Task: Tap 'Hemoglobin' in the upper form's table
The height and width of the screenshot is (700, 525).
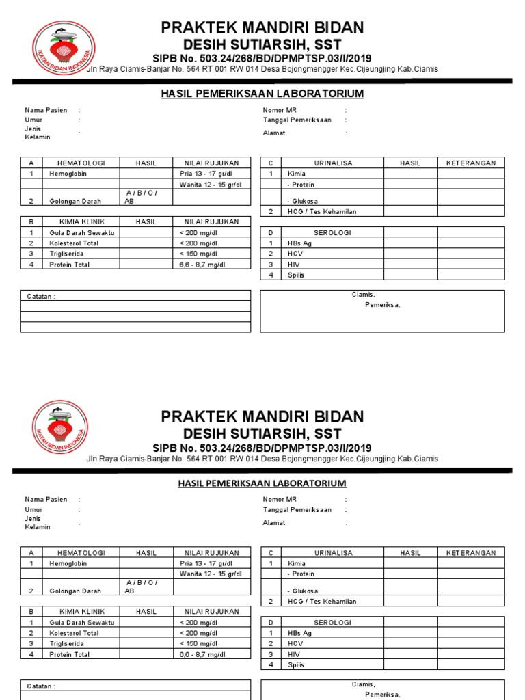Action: click(68, 174)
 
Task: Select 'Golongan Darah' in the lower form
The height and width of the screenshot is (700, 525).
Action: click(75, 591)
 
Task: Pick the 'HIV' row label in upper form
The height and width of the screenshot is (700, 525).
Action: click(295, 265)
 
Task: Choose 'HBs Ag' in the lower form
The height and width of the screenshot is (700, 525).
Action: click(299, 633)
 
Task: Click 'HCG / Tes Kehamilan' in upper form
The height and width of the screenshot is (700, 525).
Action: click(322, 212)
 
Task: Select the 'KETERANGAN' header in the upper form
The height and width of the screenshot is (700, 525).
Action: click(471, 163)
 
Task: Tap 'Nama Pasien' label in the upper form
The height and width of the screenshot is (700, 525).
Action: click(46, 110)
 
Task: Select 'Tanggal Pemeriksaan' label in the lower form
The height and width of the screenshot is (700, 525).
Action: click(297, 510)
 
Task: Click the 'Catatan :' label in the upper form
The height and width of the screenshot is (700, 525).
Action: click(41, 297)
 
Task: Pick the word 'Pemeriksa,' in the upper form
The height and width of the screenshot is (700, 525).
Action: click(382, 305)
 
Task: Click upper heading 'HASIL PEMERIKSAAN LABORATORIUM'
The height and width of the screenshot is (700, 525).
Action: click(262, 94)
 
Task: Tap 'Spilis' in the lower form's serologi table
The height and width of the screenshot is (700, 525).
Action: click(296, 664)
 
